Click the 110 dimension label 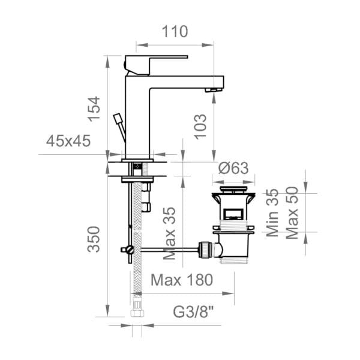point(175,31)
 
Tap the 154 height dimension point(94,109)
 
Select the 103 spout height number point(200,127)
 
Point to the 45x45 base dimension point(68,141)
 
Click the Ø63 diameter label point(233,168)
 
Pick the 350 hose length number point(94,239)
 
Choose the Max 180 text point(182,280)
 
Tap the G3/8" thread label point(193,312)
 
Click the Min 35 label point(272,213)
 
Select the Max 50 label point(292,213)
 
